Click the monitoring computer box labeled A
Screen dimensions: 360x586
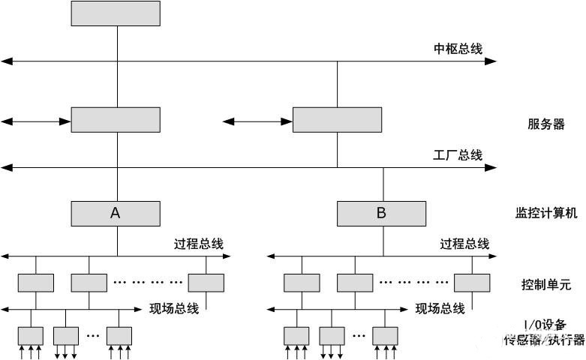116,213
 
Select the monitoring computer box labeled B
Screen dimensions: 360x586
381,213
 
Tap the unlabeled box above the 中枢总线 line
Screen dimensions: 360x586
116,13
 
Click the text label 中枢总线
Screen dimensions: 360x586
458,49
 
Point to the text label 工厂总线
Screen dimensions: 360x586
458,155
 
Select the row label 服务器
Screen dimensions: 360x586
545,124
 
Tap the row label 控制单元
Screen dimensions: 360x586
545,284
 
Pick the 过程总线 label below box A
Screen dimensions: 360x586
199,244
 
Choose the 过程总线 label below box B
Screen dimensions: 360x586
464,244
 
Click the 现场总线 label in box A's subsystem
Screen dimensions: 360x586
174,308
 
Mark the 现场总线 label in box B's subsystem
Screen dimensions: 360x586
440,308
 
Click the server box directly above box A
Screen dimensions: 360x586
116,120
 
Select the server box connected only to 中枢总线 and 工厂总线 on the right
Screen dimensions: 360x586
337,120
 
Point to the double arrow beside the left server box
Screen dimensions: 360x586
36,120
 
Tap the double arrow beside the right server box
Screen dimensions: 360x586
257,120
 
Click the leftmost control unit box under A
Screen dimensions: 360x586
36,283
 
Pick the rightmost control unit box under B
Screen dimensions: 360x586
472,283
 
